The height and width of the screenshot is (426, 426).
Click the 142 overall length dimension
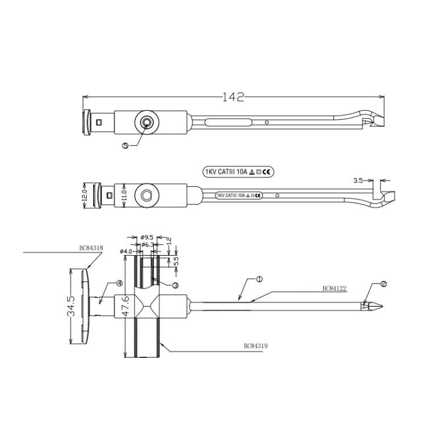[233, 97]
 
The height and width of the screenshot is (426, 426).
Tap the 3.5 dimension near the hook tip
[358, 181]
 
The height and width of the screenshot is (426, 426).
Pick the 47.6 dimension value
[126, 306]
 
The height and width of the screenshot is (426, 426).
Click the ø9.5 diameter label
[147, 237]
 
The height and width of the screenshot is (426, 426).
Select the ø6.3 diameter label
[149, 245]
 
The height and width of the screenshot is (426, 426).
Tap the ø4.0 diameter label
[126, 251]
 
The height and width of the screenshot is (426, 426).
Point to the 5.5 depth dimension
[176, 261]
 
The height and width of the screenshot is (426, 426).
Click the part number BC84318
[90, 248]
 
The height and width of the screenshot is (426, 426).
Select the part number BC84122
[335, 289]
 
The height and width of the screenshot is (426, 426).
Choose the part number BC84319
[256, 345]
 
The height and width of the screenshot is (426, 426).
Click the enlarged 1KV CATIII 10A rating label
[239, 171]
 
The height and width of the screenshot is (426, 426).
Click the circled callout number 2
[367, 283]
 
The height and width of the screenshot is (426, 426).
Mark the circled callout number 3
[176, 285]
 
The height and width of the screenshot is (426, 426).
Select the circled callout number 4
[119, 283]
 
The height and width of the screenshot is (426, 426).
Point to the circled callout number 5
[126, 145]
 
